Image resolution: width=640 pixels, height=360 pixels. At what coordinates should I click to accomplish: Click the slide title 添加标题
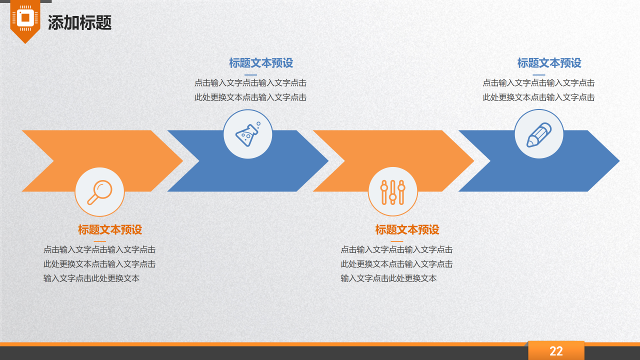point(79,22)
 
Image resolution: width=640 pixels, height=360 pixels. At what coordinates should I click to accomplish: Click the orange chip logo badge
point(25,20)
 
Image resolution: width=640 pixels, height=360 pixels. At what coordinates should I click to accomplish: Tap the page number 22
point(556,351)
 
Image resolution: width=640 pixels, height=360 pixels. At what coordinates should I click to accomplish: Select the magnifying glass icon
point(99,192)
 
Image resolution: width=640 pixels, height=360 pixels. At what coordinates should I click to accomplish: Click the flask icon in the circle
point(248,134)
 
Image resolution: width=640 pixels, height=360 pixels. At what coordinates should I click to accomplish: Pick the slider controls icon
point(392,192)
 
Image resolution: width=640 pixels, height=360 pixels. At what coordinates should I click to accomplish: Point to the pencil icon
point(539,134)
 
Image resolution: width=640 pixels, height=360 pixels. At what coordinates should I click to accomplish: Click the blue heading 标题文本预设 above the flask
point(261,63)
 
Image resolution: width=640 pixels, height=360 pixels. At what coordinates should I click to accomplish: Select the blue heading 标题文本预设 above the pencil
point(549,63)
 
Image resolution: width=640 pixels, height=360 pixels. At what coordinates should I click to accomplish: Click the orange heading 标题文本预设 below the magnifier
point(110,229)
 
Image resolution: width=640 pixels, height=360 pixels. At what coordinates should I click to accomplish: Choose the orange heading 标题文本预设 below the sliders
point(407,229)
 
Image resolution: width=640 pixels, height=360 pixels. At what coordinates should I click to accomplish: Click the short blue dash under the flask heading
point(250,75)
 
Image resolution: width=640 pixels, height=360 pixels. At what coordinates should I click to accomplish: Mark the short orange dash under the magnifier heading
point(100,241)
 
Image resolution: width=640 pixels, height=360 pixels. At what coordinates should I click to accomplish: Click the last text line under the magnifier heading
point(91,278)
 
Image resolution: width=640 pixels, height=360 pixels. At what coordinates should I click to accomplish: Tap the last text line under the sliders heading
point(388,278)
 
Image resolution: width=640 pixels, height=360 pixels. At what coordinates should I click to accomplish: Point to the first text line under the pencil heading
point(538,83)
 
